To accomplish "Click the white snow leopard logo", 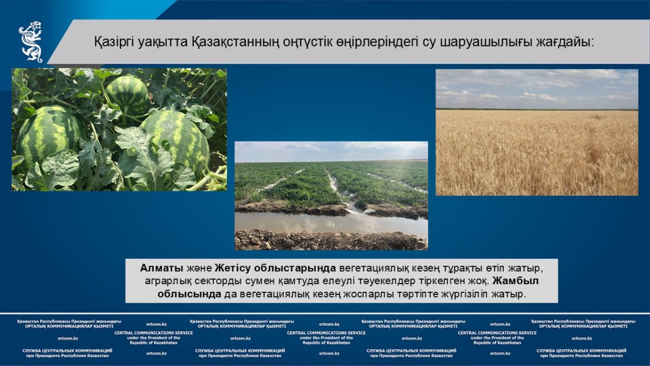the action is click(x=30, y=42).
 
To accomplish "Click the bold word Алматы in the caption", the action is click(x=161, y=268).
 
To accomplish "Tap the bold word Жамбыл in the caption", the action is click(x=515, y=281).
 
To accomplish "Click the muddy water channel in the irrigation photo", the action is click(x=331, y=223).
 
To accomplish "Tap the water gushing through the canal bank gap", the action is click(x=360, y=210).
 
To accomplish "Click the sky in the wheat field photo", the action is click(x=537, y=89).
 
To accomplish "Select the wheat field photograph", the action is click(x=537, y=132).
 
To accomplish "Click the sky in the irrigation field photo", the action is click(x=331, y=152).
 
